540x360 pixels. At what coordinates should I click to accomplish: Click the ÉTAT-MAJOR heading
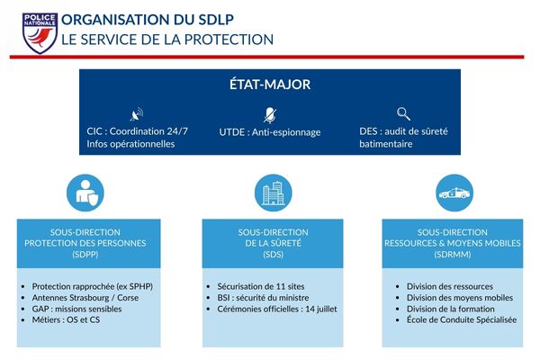coord(269,85)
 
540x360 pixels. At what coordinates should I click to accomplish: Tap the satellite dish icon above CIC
coord(137,114)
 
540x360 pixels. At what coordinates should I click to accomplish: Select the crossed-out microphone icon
coord(269,114)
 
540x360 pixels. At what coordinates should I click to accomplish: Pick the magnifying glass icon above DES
coord(403,114)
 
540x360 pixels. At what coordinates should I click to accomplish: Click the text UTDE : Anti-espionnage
coord(269,131)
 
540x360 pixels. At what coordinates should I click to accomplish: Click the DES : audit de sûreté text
coord(403,131)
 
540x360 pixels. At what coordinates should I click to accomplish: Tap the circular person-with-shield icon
coord(87,192)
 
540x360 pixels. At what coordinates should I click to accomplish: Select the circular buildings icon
coord(271,192)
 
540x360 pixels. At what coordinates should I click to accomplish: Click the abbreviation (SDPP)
coord(88,255)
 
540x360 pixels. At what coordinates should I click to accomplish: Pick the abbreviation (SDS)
coord(271,255)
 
